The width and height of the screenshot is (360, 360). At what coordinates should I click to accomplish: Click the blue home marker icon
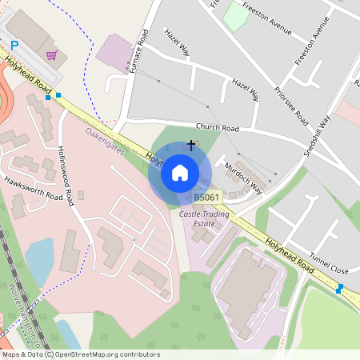click(180, 172)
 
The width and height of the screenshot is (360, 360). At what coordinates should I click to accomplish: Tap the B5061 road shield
click(206, 197)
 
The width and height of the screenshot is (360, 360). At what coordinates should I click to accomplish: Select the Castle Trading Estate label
click(204, 219)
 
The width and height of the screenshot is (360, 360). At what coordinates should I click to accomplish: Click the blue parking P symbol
click(14, 46)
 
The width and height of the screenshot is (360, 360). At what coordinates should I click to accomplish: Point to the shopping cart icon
click(52, 55)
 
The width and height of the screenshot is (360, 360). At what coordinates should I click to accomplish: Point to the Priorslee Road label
click(290, 106)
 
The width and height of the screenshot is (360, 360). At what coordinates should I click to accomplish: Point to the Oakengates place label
click(105, 141)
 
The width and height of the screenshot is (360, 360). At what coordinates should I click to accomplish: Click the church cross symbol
click(190, 145)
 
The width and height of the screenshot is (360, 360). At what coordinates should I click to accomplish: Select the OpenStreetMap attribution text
click(80, 354)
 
